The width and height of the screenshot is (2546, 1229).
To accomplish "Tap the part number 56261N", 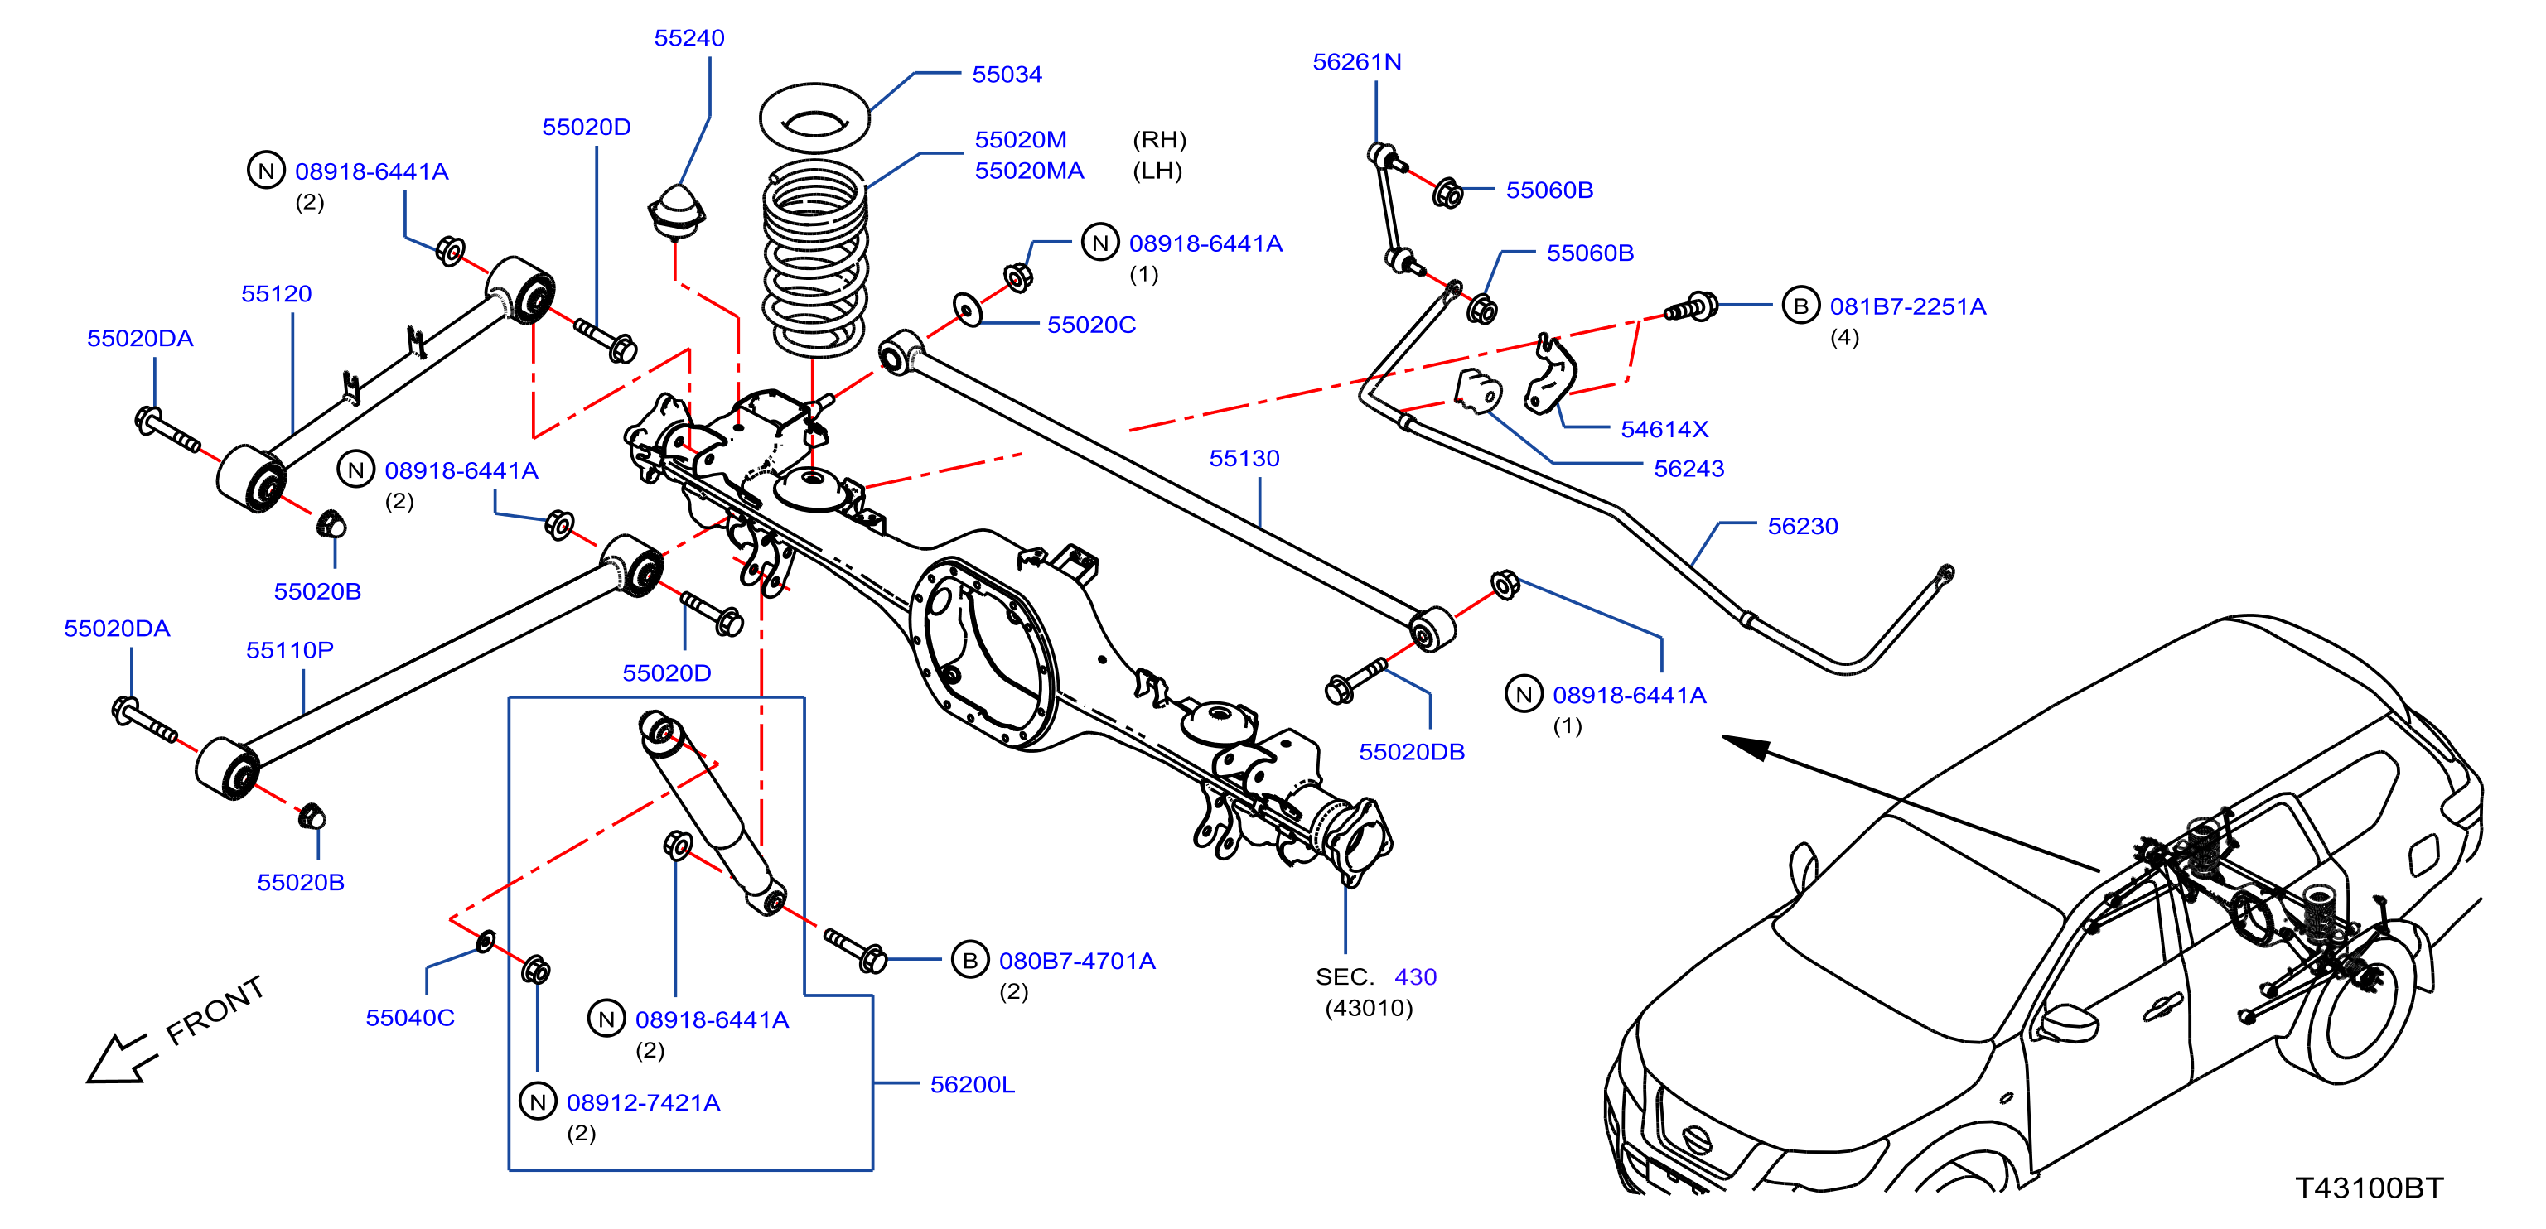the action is tap(1356, 62).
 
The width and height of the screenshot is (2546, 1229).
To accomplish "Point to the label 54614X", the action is tap(1664, 430).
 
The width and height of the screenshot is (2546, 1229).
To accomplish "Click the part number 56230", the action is tap(1802, 527).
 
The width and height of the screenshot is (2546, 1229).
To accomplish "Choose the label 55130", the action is tap(1244, 459).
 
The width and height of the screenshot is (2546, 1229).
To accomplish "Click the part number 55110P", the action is tap(290, 650).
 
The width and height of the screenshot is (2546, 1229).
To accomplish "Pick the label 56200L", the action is tap(972, 1085).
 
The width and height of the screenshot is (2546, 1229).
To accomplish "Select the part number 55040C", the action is tap(409, 1018).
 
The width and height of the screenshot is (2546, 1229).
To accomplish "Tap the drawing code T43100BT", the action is tap(2368, 1188).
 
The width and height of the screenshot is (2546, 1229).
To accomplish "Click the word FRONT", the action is tap(215, 1010).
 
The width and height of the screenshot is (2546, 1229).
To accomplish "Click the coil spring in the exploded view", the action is tap(815, 259).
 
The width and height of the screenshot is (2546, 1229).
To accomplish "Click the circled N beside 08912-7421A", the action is tap(538, 1101).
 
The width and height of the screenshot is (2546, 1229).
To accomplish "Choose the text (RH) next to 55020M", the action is tap(1158, 140).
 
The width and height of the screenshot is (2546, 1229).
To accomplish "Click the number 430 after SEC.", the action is tap(1414, 977).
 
